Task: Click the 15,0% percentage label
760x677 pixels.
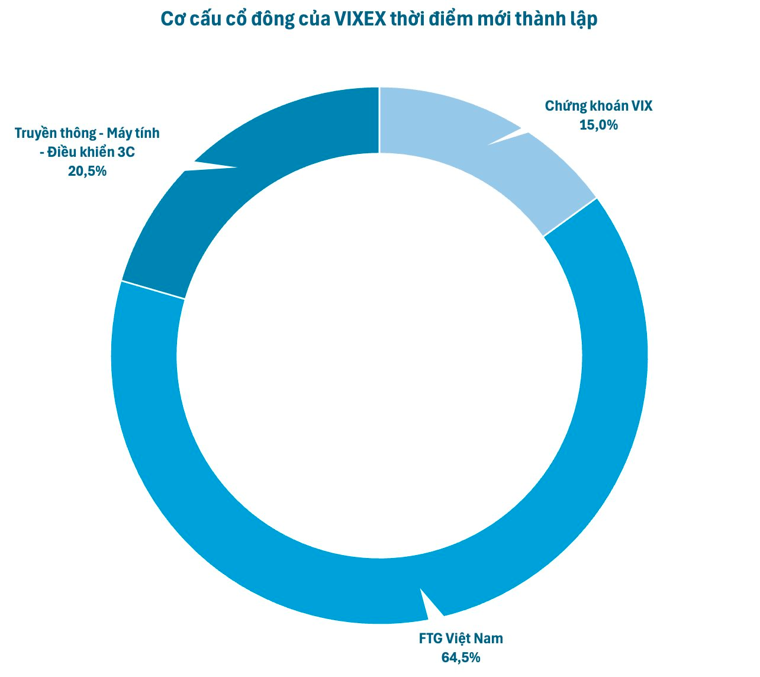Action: (598, 125)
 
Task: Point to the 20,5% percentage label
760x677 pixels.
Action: (87, 171)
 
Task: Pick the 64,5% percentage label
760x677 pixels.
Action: (460, 657)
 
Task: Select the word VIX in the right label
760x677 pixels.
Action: (641, 107)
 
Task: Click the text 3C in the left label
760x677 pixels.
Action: (126, 152)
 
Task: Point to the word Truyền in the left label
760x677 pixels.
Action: (34, 133)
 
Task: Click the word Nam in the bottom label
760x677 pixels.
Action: (489, 639)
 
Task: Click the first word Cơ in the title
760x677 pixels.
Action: (170, 20)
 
